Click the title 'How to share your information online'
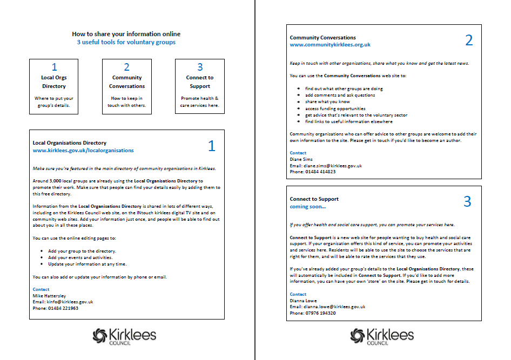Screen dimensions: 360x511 (x=126, y=34)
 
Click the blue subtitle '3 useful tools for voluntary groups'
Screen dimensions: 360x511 (x=126, y=42)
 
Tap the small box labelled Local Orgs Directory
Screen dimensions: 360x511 (x=54, y=86)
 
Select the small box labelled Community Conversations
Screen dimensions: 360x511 (x=127, y=86)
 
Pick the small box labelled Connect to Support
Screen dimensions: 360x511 (x=200, y=86)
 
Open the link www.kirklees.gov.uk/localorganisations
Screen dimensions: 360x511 (x=83, y=151)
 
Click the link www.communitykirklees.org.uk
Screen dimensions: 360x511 (x=330, y=45)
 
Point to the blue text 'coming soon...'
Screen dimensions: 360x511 (x=308, y=207)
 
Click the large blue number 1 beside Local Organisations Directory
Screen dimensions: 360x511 (x=211, y=146)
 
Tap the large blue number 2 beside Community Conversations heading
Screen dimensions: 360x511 (x=468, y=40)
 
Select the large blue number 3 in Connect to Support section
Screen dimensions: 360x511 (x=467, y=201)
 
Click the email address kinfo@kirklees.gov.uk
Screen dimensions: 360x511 (x=70, y=302)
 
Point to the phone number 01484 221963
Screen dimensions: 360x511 (x=63, y=308)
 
